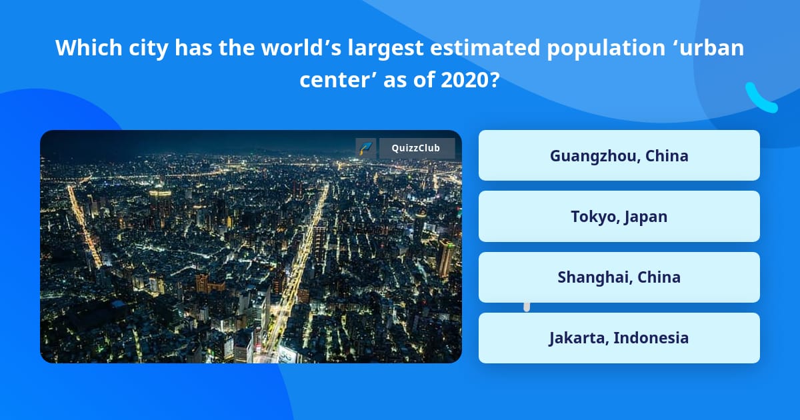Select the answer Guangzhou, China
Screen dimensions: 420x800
[x=619, y=155]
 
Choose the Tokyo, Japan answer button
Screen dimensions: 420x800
[x=619, y=217]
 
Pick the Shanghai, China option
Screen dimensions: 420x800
[x=619, y=277]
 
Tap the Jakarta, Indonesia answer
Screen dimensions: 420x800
[x=619, y=338]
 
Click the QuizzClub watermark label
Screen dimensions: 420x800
[x=417, y=148]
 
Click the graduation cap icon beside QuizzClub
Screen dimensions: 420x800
[x=366, y=148]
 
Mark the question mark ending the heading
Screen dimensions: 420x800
[x=494, y=80]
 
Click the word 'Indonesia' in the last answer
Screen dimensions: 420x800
[x=651, y=338]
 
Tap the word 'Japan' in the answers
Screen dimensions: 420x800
[x=645, y=217]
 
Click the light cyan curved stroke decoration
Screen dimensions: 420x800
[x=760, y=98]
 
